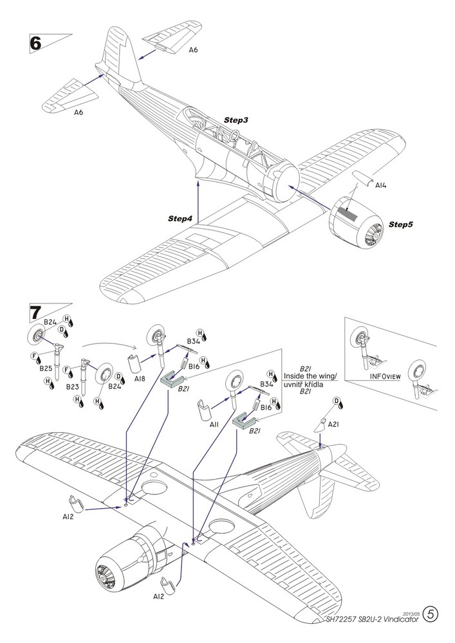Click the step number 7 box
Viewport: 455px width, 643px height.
coord(37,314)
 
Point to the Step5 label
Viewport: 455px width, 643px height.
coord(400,225)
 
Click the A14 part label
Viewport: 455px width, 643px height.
coord(382,185)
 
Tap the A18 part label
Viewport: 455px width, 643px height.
coord(140,379)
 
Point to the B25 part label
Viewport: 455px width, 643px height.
coord(45,368)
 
